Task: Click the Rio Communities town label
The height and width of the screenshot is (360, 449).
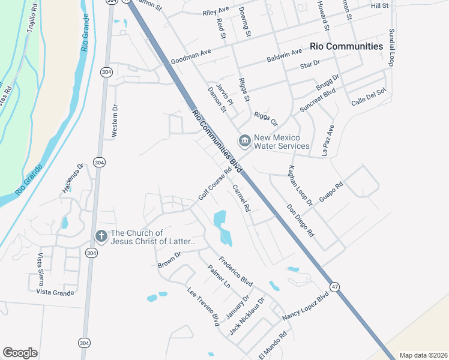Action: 346,46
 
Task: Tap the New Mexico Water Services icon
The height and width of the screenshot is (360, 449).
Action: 244,142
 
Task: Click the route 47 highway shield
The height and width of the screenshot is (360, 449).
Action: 335,287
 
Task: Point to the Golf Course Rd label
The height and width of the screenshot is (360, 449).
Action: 215,185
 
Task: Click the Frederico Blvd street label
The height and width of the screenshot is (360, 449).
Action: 235,271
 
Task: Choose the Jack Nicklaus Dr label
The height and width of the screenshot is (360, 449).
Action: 247,317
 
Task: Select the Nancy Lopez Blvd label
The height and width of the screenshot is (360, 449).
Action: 306,307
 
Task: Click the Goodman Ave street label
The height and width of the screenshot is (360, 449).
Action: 191,57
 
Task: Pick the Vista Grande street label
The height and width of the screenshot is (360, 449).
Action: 55,293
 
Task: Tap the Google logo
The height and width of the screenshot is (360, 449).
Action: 20,353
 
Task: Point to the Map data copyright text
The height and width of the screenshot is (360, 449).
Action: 423,355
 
